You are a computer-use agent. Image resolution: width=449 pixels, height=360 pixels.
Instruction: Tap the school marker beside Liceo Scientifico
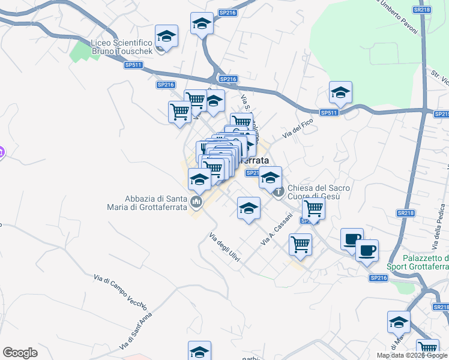[x=167, y=37]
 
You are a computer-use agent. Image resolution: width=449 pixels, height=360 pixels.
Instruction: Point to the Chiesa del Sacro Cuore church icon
[x=278, y=192]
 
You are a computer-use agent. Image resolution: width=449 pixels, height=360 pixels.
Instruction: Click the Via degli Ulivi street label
[x=224, y=247]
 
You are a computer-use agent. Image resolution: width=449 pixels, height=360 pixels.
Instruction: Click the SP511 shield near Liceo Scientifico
[x=133, y=65]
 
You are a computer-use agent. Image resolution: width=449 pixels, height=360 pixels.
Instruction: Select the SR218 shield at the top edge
[x=422, y=10]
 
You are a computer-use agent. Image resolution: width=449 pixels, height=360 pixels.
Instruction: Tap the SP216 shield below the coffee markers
[x=378, y=277]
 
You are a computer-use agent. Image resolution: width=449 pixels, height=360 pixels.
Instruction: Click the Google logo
[x=20, y=353]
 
